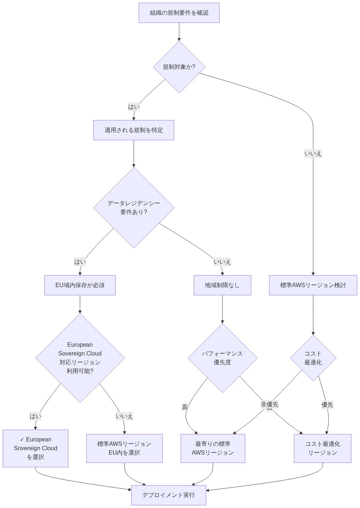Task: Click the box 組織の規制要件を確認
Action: click(179, 13)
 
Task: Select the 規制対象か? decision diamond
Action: click(179, 67)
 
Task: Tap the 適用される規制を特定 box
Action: click(134, 130)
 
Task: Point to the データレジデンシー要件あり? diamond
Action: click(134, 208)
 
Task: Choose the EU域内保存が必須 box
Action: click(80, 285)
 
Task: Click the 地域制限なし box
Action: click(222, 285)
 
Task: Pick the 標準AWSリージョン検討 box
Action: click(313, 285)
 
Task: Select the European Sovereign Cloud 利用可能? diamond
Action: click(80, 358)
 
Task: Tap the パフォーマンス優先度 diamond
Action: click(222, 358)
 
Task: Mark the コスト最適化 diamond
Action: click(313, 358)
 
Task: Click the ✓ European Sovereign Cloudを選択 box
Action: click(35, 448)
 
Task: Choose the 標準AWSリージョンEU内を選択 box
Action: click(124, 448)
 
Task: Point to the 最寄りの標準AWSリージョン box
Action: click(213, 448)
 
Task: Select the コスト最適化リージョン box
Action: click(322, 448)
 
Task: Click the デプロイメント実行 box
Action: click(168, 495)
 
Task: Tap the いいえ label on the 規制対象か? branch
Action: click(313, 154)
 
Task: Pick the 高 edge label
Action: click(185, 407)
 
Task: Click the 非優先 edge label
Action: click(269, 404)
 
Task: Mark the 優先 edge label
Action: click(327, 404)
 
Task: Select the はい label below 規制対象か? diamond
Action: click(134, 107)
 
